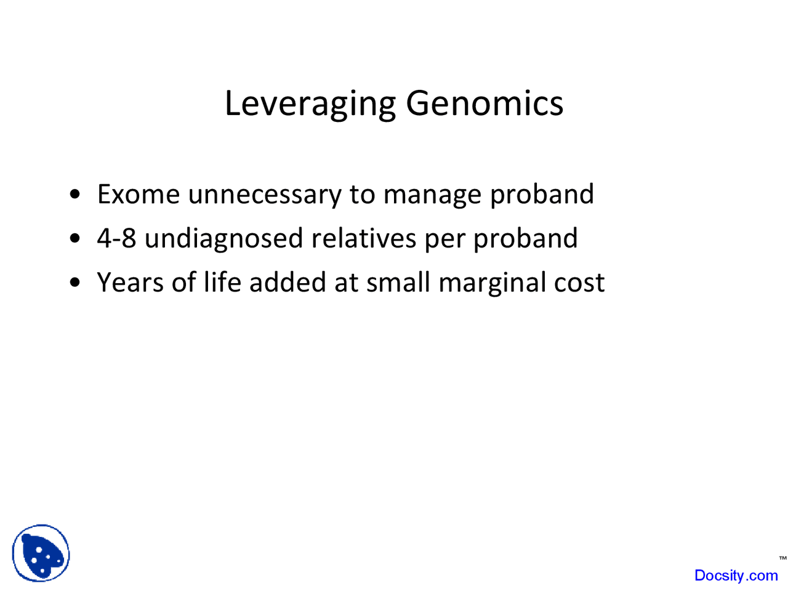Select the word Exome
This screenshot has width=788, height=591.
(139, 194)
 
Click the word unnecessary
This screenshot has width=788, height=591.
(265, 195)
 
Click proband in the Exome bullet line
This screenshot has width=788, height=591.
(542, 195)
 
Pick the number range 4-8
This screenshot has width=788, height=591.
(116, 238)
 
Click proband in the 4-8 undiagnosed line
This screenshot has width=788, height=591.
(525, 239)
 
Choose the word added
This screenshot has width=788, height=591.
(287, 282)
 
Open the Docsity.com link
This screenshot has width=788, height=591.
(736, 575)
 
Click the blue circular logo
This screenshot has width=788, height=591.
(41, 553)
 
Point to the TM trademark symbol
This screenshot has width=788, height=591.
(782, 558)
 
